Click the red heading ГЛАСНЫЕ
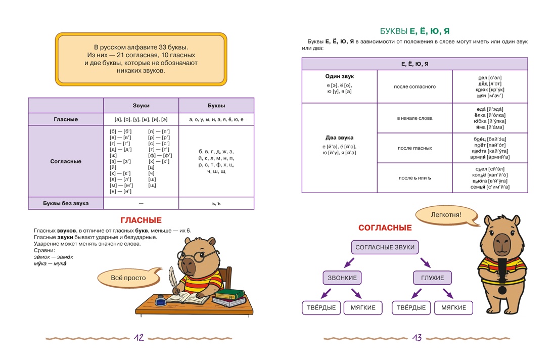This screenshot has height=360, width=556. [141, 220]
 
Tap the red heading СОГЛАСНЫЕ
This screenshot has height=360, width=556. [385, 228]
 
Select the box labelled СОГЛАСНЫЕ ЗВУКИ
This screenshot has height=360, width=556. [385, 247]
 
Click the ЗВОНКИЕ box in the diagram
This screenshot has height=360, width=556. [342, 278]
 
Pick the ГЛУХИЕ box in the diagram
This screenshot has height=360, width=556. [432, 278]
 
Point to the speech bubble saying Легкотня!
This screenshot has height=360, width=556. [446, 215]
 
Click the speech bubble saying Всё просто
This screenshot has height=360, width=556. [128, 278]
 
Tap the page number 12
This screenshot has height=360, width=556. [139, 338]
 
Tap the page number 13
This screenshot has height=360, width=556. [417, 338]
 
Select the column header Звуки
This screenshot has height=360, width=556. [141, 106]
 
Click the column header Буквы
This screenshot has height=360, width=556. [216, 106]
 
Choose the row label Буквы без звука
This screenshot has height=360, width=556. [66, 203]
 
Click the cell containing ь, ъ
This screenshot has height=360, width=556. [216, 203]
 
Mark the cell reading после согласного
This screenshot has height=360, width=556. [414, 86]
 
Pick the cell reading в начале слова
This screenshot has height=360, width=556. [414, 118]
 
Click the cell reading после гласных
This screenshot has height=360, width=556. [414, 148]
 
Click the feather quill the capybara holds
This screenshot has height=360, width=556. [173, 279]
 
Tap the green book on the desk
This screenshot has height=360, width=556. [230, 294]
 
